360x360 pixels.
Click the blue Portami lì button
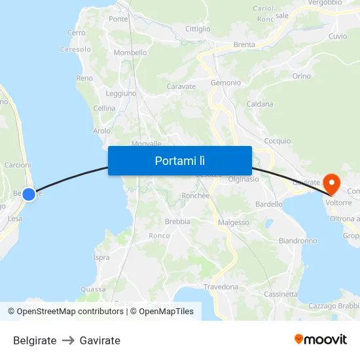coord(180,160)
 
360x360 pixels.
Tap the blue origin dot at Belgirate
coord(29,194)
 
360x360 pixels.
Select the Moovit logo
coord(320,340)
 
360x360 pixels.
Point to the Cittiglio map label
coord(198,29)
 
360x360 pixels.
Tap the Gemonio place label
coord(226,83)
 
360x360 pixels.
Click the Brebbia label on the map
coord(177,221)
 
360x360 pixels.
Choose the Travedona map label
coord(221,287)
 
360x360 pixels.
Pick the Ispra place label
coord(101,257)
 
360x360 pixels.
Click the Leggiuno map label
coord(120,94)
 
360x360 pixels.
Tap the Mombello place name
coord(130,52)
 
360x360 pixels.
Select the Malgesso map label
coord(234,223)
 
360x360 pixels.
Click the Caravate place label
coord(181,86)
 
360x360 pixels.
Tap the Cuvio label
coord(338,36)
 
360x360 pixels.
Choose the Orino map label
coord(302,77)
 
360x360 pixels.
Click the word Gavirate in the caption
coord(100,340)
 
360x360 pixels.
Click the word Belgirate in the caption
coord(35,340)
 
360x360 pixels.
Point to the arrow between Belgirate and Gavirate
coord(68,340)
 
